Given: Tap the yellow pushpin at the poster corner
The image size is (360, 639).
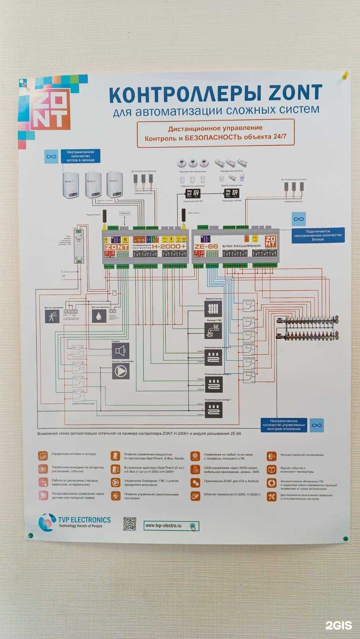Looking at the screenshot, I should (x=346, y=74).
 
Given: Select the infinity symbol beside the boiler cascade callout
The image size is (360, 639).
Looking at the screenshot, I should (x=50, y=156).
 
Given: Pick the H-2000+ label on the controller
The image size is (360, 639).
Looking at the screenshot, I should (x=169, y=247).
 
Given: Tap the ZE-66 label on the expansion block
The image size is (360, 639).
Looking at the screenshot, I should (x=206, y=246).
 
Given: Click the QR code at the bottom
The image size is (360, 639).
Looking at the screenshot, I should (x=129, y=524).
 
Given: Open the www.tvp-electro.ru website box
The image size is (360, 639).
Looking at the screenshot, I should (x=171, y=526).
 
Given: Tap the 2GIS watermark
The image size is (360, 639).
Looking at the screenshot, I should (x=338, y=625).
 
